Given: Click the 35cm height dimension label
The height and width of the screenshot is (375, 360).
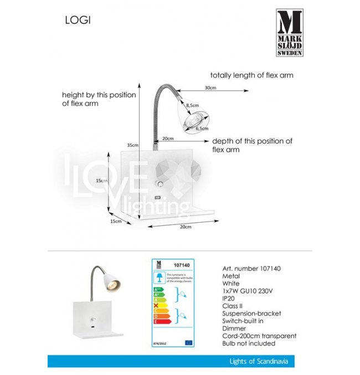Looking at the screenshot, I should (x=132, y=145).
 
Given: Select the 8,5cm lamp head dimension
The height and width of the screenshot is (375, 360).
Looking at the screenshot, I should (x=192, y=105).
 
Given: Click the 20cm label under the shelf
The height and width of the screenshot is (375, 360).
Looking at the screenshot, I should (x=186, y=227).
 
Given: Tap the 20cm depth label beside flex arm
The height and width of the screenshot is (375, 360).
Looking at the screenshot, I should (x=168, y=138).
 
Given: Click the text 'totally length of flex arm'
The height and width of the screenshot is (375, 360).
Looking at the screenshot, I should (x=251, y=75).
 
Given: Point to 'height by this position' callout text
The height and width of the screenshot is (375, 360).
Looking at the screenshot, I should (x=99, y=95).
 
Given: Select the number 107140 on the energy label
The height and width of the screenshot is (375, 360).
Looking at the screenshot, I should (x=181, y=265).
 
